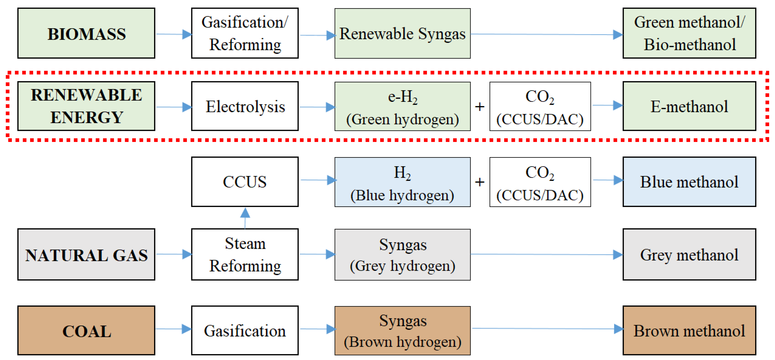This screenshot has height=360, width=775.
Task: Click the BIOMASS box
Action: [x=86, y=33]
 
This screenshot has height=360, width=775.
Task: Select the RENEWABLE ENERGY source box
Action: [x=86, y=106]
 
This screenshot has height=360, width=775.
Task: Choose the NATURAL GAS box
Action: [x=86, y=254]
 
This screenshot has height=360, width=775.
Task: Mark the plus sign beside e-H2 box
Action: [x=480, y=106]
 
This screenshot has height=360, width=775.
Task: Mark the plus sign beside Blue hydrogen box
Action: [x=480, y=182]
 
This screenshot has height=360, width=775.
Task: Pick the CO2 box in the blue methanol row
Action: [x=540, y=182]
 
